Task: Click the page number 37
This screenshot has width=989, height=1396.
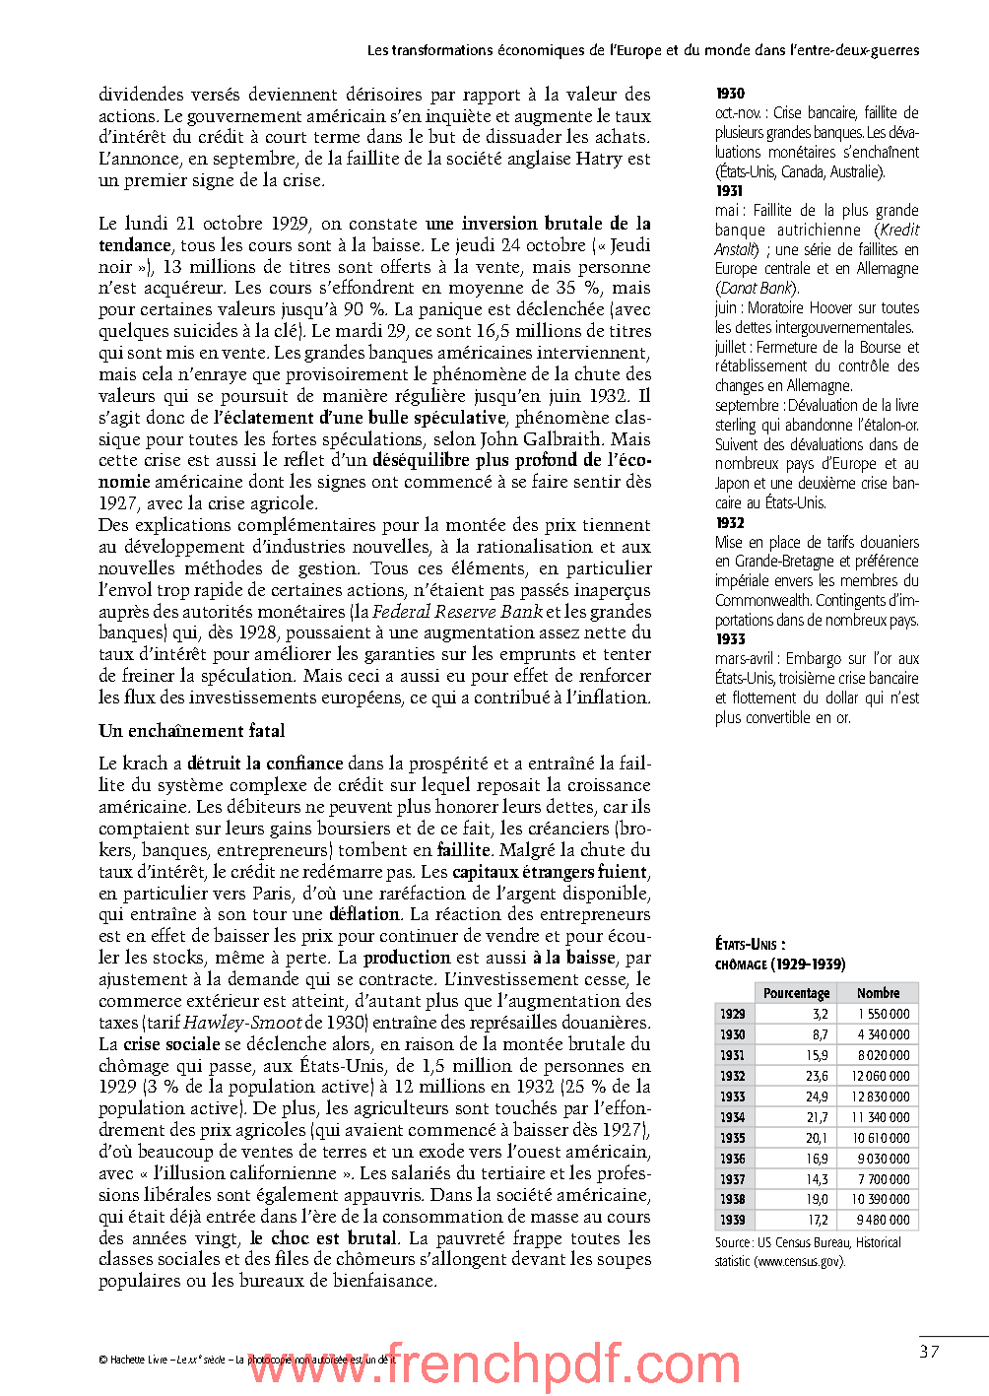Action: [929, 1352]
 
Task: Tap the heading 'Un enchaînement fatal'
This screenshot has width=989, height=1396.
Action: [192, 731]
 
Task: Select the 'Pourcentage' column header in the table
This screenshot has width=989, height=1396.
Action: [796, 993]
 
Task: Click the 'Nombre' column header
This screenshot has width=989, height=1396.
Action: [878, 993]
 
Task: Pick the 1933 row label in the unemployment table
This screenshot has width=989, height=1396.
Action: [732, 1097]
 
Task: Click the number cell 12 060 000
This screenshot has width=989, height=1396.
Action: [881, 1076]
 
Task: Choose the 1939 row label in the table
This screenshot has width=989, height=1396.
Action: [732, 1220]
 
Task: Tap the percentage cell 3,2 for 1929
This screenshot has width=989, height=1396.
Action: [820, 1014]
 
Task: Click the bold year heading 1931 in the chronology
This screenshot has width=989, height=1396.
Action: [729, 191]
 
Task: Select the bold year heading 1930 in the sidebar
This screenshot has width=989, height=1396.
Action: [730, 94]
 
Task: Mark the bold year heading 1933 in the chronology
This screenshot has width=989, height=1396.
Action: [730, 639]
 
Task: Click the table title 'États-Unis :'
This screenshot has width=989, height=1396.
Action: [750, 945]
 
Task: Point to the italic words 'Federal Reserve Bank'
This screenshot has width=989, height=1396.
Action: [457, 612]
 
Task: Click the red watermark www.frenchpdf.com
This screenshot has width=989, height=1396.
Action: [493, 1365]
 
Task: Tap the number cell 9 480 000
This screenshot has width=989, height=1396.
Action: [883, 1220]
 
